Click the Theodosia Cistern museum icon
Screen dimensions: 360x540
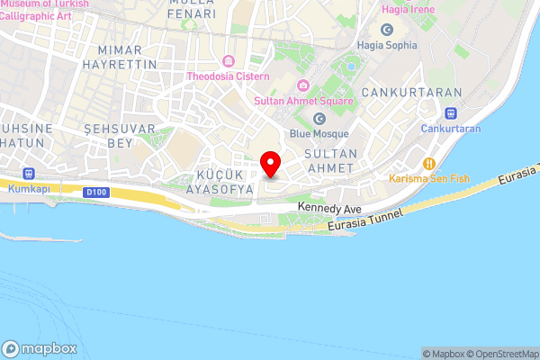pos(229,61)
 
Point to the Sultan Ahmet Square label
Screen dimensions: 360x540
pos(302,100)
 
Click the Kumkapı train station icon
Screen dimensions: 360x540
pos(29,173)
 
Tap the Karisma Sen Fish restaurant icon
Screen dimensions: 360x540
pos(428,164)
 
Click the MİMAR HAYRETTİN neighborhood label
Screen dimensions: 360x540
pos(120,58)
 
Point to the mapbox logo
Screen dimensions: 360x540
pos(40,349)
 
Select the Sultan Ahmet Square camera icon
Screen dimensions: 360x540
pos(303,85)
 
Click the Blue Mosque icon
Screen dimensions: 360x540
pos(319,119)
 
